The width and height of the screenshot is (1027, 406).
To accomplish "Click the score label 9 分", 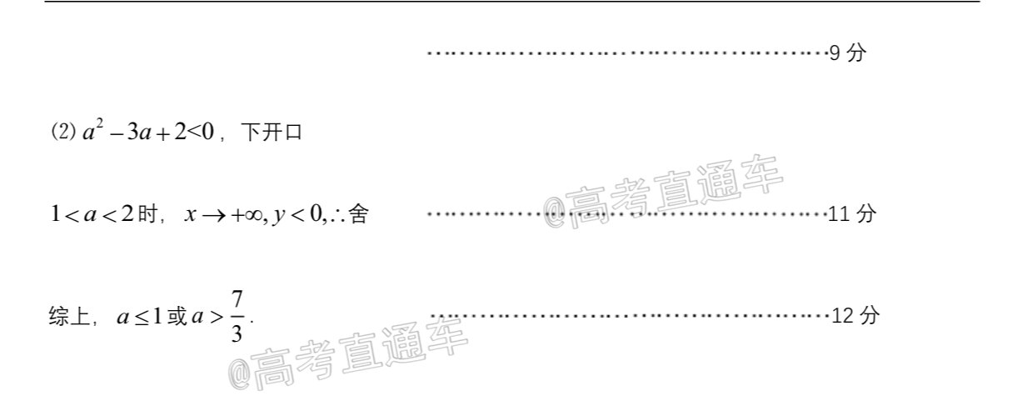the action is pyautogui.click(x=848, y=53).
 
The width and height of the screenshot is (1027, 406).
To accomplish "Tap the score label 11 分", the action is pyautogui.click(x=852, y=213).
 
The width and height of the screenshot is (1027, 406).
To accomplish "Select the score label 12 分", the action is pyautogui.click(x=855, y=316).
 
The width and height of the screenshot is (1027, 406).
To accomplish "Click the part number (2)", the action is pyautogui.click(x=63, y=132).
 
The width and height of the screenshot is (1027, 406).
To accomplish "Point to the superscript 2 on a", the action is pyautogui.click(x=100, y=123).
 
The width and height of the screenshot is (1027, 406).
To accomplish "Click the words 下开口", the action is pyautogui.click(x=272, y=132).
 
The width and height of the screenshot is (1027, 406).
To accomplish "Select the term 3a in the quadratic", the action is pyautogui.click(x=139, y=133).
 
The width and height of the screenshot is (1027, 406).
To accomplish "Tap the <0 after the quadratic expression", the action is pyautogui.click(x=201, y=132).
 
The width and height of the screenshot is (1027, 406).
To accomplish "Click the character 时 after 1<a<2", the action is pyautogui.click(x=147, y=213).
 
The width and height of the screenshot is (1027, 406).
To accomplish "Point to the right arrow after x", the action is pyautogui.click(x=214, y=216).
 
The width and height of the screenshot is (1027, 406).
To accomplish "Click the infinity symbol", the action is pyautogui.click(x=253, y=216).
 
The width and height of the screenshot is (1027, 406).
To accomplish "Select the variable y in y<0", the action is pyautogui.click(x=278, y=216).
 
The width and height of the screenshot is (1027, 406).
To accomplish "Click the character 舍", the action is pyautogui.click(x=358, y=213).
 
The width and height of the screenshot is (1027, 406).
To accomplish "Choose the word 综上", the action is pyautogui.click(x=69, y=316).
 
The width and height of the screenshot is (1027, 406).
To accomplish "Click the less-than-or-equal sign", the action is pyautogui.click(x=142, y=317).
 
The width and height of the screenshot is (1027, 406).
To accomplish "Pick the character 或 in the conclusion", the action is pyautogui.click(x=177, y=316).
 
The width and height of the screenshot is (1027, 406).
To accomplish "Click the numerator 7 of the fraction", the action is pyautogui.click(x=237, y=300).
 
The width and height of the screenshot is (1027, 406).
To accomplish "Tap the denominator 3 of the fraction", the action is pyautogui.click(x=237, y=333).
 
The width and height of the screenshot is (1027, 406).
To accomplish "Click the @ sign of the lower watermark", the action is pyautogui.click(x=239, y=375).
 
